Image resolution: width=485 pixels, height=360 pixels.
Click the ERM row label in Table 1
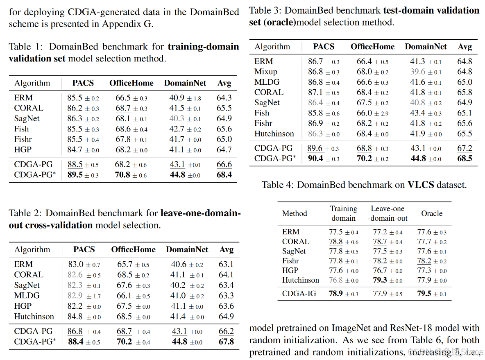[x=23, y=98]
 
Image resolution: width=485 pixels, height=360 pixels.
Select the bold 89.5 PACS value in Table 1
[x=75, y=175]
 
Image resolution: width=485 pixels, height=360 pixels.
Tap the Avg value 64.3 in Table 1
[x=224, y=98]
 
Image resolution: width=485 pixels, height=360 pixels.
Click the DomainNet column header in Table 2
[x=187, y=249]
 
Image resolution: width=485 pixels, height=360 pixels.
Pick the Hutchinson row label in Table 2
[x=34, y=317]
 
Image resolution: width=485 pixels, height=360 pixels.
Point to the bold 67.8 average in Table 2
[x=226, y=342]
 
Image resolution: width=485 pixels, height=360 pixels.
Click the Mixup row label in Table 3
[x=265, y=72]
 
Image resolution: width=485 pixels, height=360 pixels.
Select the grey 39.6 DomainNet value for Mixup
[x=418, y=72]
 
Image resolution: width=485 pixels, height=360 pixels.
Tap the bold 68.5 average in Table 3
[x=465, y=158]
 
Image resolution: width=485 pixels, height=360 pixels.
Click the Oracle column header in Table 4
[x=432, y=213]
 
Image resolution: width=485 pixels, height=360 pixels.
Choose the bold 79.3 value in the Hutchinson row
[x=381, y=281]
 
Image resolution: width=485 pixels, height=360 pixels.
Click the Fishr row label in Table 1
[x=23, y=139]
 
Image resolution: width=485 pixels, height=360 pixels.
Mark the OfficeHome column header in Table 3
[x=372, y=47]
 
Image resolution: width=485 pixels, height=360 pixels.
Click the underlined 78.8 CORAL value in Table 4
[x=336, y=242]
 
